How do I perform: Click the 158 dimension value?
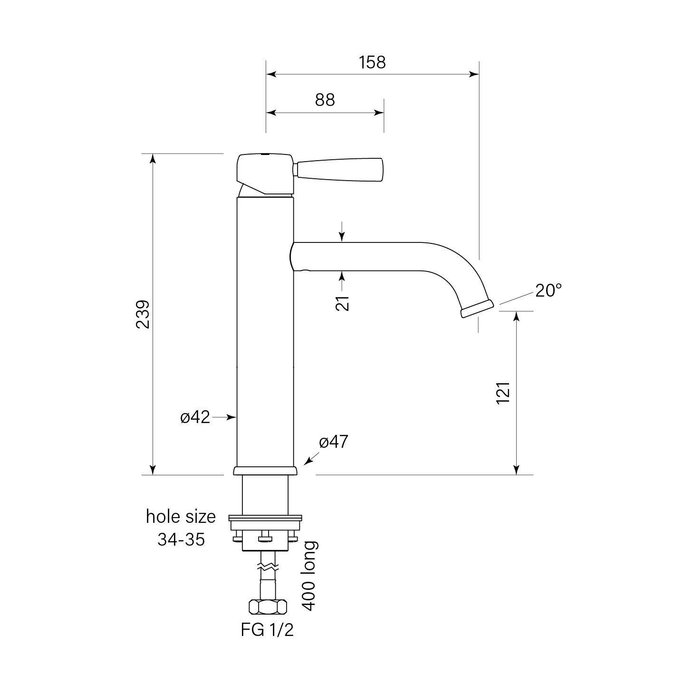[372, 63]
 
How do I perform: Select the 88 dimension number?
[325, 100]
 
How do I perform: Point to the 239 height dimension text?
[143, 314]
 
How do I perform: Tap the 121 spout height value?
[503, 393]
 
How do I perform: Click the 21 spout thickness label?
[343, 303]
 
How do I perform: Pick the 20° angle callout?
[549, 290]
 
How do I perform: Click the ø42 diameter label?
[195, 417]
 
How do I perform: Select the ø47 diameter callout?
[334, 442]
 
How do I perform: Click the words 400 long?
[308, 576]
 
